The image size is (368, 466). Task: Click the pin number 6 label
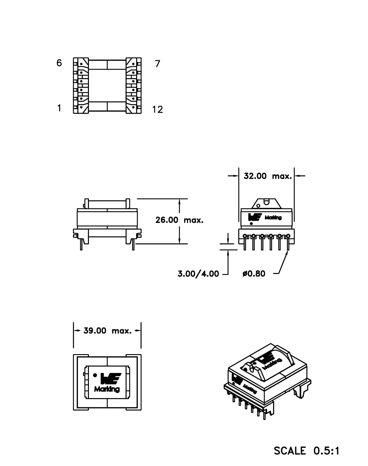click(x=59, y=63)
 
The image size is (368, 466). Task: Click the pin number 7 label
click(x=158, y=64)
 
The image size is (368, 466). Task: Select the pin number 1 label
click(x=59, y=108)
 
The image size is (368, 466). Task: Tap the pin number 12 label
click(x=158, y=109)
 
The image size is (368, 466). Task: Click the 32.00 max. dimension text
click(x=267, y=176)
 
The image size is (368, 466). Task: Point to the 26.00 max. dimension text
click(x=179, y=220)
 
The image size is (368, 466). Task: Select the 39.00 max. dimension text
click(x=107, y=331)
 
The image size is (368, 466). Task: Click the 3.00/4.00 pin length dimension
click(x=198, y=274)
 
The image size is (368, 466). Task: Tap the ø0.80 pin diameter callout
click(x=254, y=274)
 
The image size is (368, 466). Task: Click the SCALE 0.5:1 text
click(x=307, y=451)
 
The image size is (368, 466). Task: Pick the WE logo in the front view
click(x=255, y=217)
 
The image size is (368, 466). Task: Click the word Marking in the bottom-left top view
click(x=107, y=389)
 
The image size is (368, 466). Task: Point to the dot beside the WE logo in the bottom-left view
click(x=95, y=375)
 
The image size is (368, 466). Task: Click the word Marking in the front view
click(x=273, y=217)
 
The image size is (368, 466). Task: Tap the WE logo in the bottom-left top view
click(x=110, y=379)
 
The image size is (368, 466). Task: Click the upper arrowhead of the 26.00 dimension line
click(x=179, y=201)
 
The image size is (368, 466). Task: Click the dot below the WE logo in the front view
click(x=251, y=223)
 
